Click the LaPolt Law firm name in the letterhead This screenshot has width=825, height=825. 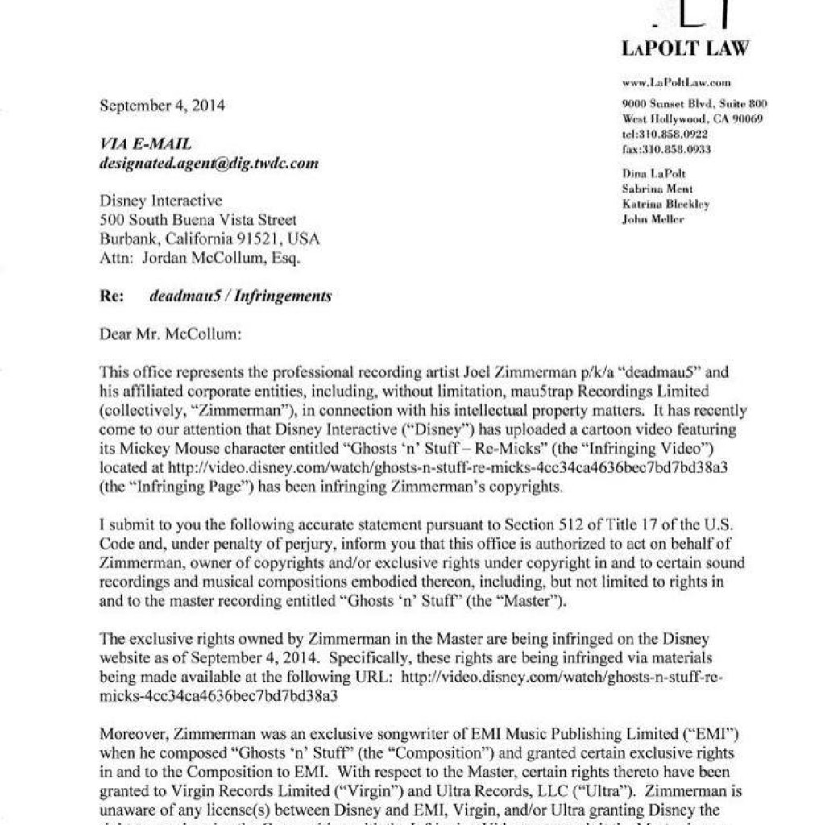[685, 48]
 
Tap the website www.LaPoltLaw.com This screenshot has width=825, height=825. [676, 82]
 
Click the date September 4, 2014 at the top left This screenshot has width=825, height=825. [162, 106]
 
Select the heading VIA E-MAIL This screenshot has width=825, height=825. [146, 144]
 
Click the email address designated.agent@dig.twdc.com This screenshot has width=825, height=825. [209, 164]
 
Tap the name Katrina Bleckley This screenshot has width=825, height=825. [665, 204]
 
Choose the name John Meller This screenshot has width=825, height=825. [653, 219]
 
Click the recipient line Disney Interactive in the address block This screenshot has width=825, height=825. [161, 201]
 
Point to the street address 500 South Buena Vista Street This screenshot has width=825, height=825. [198, 220]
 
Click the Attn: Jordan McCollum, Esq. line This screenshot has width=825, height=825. [199, 259]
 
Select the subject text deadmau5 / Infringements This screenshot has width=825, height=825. [240, 296]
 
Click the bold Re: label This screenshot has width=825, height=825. [112, 296]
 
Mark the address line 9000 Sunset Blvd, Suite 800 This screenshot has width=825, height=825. [694, 104]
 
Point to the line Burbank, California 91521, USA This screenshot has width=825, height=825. [209, 239]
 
